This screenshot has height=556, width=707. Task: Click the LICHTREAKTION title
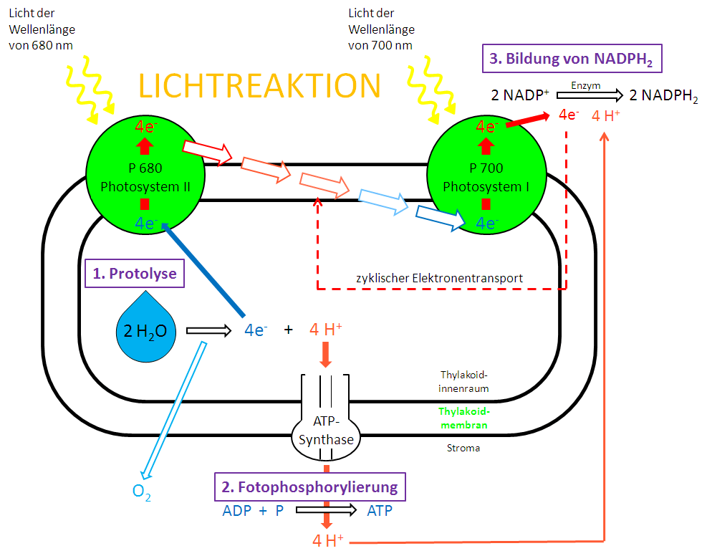point(259,85)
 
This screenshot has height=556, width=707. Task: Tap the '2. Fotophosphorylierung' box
point(309,487)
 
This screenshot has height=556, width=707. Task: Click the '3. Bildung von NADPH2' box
point(570,59)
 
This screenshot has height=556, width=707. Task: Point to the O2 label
point(142,492)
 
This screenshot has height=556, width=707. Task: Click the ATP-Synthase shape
point(326,432)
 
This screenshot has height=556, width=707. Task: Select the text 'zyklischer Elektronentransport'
point(439,278)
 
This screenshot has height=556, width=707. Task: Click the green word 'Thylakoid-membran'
point(463,418)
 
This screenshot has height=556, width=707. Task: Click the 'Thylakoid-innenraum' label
point(463,381)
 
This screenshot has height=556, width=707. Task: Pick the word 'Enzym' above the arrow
point(585,85)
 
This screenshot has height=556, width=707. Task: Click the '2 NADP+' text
point(520,96)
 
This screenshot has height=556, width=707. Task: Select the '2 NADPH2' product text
point(663,97)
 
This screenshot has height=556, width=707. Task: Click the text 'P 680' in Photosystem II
point(145,169)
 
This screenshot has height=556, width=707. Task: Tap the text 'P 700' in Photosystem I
point(486,168)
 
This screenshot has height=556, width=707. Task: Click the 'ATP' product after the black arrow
point(380,511)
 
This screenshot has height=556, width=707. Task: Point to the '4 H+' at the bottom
point(328,540)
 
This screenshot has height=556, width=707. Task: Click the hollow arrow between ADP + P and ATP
point(326,511)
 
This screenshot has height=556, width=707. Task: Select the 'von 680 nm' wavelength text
point(42,45)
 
